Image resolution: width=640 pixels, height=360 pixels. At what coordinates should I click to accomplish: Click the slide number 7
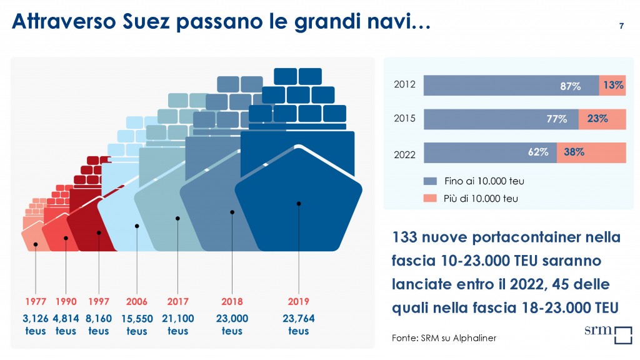tap(621, 26)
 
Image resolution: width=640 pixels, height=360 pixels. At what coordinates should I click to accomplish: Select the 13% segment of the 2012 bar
tap(612, 86)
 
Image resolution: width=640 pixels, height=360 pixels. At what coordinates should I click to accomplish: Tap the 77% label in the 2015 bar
tap(557, 119)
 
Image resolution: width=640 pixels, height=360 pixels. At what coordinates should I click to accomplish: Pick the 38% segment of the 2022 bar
tap(591, 152)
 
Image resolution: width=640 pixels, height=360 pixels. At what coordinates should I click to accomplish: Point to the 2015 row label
tap(404, 119)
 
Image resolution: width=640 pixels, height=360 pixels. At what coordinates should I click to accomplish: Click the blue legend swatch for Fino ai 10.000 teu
tap(429, 181)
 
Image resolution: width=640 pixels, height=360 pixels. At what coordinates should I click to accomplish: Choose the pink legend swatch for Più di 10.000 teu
tap(429, 199)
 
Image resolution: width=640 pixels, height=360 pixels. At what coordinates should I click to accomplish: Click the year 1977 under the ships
tap(36, 301)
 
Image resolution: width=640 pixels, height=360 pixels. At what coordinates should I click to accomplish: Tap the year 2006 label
tap(137, 301)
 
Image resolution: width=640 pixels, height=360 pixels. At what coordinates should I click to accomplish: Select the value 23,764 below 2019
tap(299, 319)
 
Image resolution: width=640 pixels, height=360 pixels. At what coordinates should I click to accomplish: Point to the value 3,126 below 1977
tap(36, 319)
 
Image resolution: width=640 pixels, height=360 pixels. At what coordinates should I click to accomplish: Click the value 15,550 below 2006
tap(137, 319)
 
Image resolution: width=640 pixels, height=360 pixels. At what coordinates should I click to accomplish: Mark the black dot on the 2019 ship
tap(299, 203)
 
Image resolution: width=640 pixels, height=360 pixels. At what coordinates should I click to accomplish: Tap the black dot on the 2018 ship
tap(232, 212)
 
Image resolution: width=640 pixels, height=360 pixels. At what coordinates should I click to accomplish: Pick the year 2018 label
tap(232, 301)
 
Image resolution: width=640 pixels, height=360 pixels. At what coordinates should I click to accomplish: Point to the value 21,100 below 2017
tap(177, 319)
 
